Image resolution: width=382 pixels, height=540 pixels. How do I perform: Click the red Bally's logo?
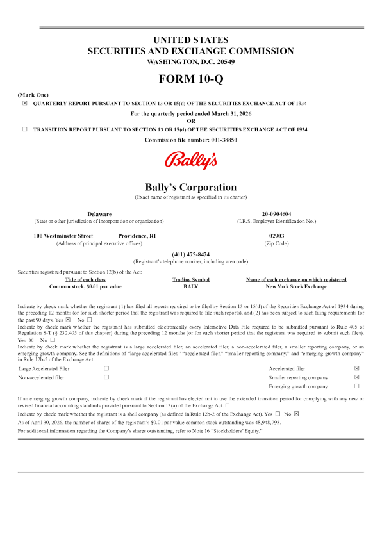[191, 161]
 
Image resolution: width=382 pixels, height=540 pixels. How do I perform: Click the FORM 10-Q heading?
[191, 79]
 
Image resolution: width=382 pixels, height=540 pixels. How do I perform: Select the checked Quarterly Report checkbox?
[25, 103]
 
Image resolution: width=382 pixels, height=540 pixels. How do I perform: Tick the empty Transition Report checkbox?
[25, 129]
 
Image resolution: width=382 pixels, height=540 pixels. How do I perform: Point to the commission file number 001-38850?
[224, 140]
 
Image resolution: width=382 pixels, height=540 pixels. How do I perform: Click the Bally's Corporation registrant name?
[191, 187]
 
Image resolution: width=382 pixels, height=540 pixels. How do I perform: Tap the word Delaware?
[99, 214]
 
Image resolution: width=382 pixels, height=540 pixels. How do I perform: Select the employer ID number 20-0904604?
[277, 214]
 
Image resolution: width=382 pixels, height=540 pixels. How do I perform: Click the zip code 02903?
[277, 236]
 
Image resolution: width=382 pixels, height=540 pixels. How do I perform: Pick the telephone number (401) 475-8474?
[191, 254]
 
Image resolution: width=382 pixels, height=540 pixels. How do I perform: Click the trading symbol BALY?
[191, 286]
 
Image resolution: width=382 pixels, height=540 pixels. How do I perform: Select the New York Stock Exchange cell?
[296, 286]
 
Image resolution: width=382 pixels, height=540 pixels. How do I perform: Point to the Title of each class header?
[85, 280]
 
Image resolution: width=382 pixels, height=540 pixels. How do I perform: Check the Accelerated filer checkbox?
[357, 368]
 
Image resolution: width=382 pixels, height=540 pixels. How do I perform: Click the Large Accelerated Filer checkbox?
[106, 368]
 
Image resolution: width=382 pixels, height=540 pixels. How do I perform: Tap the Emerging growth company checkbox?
[357, 386]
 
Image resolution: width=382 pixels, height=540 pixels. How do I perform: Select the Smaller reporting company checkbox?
[357, 377]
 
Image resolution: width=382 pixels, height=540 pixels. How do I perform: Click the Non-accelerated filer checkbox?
[106, 377]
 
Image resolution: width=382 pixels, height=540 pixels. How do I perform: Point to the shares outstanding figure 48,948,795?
[268, 423]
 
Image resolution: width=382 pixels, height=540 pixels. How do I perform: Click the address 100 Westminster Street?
[63, 236]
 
